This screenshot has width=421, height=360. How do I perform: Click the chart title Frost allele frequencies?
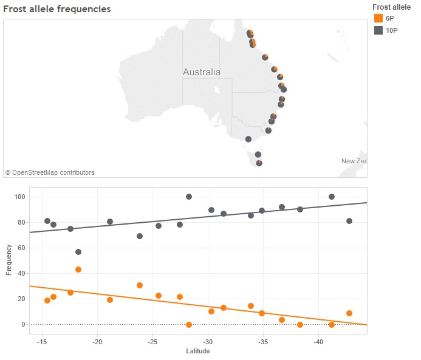[57, 9]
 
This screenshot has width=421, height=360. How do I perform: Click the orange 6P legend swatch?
[378, 19]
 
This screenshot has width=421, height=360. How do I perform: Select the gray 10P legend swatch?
[378, 30]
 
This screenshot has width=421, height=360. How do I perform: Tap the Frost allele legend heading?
[391, 7]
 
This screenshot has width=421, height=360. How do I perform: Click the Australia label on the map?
[202, 72]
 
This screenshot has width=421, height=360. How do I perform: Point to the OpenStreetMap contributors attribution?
[50, 172]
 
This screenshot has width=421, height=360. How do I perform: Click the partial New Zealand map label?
[354, 161]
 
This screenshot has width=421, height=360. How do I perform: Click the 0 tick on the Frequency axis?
[23, 324]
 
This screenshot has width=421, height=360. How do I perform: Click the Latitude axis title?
[197, 351]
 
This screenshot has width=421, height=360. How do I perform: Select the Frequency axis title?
[9, 260]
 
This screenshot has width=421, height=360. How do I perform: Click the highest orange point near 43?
[78, 270]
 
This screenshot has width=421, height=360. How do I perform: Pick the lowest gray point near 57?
[78, 252]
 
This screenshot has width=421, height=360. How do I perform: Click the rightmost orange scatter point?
[349, 313]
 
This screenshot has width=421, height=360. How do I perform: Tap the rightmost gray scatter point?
[349, 221]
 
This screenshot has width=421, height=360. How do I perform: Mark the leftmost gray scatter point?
[47, 221]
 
